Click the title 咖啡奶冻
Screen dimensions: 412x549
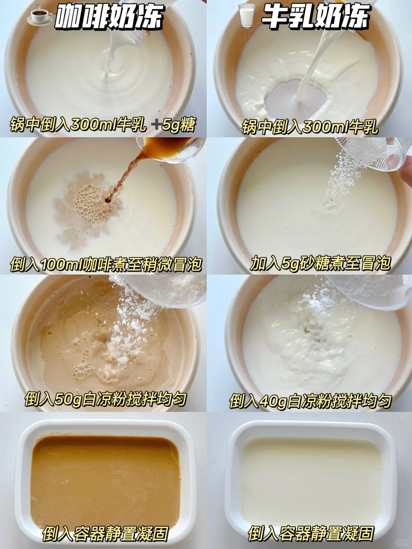[x=109, y=16]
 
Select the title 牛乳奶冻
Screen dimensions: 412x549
[x=316, y=16]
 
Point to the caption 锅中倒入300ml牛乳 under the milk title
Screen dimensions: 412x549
[x=310, y=127]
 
